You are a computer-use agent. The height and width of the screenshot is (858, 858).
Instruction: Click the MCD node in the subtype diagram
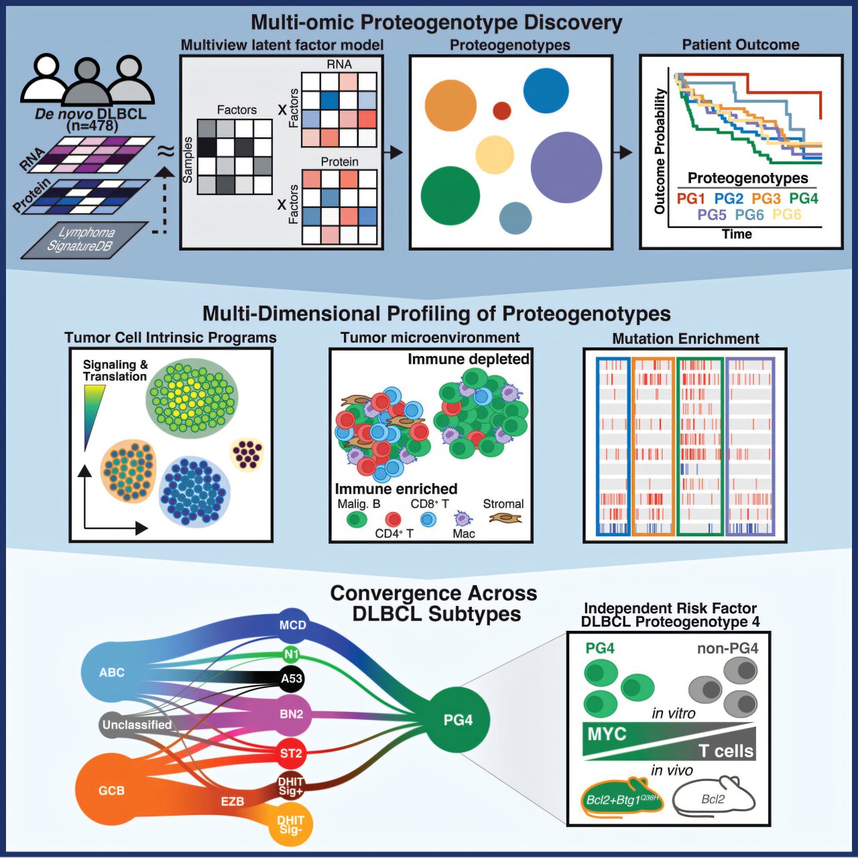coord(292,625)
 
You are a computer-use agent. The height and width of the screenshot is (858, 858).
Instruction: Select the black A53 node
coord(292,678)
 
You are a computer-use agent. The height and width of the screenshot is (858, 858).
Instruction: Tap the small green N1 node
coord(291,654)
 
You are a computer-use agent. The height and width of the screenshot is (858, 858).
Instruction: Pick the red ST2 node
coord(291,753)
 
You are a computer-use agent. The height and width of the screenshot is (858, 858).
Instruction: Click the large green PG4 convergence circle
coord(458,719)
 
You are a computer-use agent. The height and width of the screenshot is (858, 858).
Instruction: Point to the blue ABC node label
coord(112,672)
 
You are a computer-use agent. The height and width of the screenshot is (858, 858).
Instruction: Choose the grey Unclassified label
coord(137,725)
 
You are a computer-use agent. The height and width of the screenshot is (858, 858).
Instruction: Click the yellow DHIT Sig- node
coord(291,824)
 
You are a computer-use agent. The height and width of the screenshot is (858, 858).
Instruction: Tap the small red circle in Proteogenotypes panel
coord(502,111)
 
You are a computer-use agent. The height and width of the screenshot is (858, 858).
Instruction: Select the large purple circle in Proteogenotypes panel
coord(566,168)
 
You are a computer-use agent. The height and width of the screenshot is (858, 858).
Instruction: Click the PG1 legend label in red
coord(690,198)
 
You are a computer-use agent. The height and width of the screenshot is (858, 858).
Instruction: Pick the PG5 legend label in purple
coord(711,215)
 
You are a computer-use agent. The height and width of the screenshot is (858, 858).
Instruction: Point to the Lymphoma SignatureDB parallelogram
coord(84,239)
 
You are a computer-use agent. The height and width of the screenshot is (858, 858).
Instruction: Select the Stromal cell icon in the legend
coord(505,518)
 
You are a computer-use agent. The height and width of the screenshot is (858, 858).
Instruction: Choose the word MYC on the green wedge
coord(607,734)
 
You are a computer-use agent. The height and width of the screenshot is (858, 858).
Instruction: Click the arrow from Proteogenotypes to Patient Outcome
coord(623,153)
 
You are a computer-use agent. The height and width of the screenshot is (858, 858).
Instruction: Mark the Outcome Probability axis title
coord(660,151)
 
